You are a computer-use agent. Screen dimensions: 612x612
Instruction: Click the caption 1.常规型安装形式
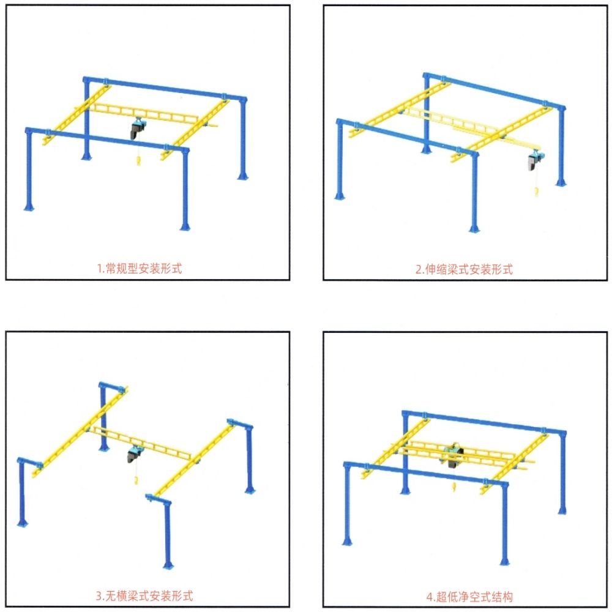[140, 269]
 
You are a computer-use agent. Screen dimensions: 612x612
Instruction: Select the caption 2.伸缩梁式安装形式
[464, 269]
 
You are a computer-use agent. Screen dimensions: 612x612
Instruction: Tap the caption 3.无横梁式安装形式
[144, 596]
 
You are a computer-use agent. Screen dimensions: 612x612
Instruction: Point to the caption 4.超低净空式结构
[469, 597]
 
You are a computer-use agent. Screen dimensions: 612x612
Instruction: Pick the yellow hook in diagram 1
[138, 160]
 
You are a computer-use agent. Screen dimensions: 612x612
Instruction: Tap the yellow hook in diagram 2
[537, 191]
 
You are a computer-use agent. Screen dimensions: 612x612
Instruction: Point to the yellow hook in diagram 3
[136, 480]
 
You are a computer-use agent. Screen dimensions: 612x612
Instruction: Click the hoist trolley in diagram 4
[452, 455]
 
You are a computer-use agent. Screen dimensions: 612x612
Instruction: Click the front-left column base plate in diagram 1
[29, 207]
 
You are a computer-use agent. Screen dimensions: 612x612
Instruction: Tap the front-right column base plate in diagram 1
[185, 227]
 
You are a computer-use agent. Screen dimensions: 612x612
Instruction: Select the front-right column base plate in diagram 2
[474, 229]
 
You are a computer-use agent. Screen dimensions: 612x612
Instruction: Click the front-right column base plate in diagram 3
[168, 566]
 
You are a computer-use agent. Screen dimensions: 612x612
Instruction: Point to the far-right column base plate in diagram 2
[561, 182]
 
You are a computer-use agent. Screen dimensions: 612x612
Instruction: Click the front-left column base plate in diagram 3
[22, 523]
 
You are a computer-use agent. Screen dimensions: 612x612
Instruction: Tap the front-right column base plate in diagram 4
[505, 561]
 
